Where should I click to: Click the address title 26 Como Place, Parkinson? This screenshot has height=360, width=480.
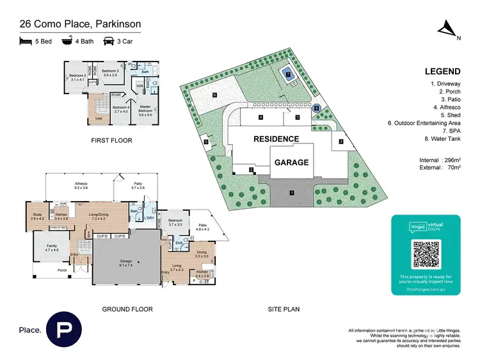tap(80, 24)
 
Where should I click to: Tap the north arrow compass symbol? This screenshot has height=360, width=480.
tap(447, 28)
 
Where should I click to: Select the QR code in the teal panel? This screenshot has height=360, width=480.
tap(426, 254)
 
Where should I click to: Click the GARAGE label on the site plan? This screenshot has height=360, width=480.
tap(292, 162)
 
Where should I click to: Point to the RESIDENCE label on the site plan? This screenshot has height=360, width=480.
tap(276, 139)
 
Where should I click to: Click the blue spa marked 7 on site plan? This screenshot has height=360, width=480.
tap(289, 74)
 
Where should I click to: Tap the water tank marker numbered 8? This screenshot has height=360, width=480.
tap(316, 108)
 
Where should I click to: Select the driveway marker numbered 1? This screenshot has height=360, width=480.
tap(291, 191)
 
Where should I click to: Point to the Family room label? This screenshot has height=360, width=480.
tap(51, 247)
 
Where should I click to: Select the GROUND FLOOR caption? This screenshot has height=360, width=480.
tap(127, 309)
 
